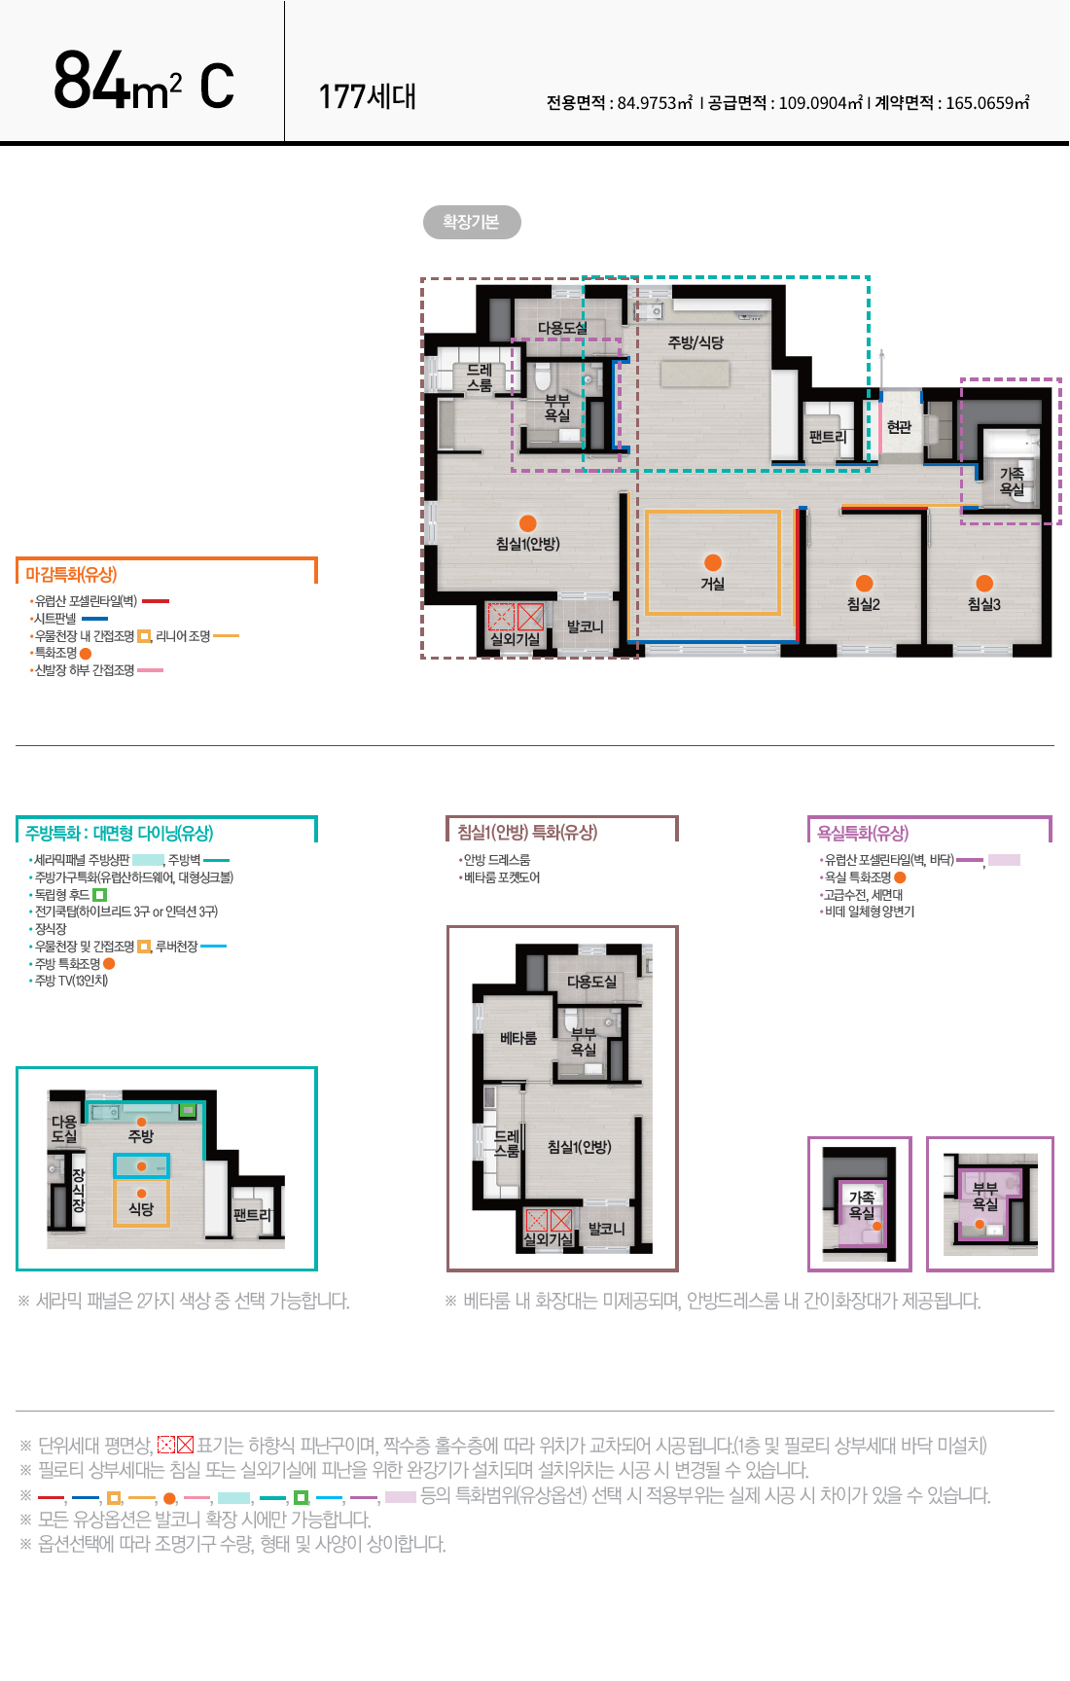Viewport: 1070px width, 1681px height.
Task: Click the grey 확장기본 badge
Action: click(472, 222)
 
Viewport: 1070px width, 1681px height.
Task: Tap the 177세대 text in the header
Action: click(368, 96)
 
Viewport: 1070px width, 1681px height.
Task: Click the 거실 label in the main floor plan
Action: click(713, 584)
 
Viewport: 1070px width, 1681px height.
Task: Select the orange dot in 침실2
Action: click(864, 584)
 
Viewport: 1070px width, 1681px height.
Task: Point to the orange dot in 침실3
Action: click(984, 583)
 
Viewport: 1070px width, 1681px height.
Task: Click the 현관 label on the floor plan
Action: click(900, 426)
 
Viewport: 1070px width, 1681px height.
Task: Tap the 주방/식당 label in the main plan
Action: click(695, 342)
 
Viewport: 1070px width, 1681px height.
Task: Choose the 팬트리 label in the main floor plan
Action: click(828, 438)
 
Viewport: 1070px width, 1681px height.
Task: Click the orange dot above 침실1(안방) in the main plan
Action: click(528, 523)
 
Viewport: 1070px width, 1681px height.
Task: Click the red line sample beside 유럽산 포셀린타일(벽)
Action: click(156, 601)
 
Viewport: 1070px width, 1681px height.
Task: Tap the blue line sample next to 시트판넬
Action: click(94, 619)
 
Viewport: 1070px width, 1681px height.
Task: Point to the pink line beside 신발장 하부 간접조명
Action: click(150, 670)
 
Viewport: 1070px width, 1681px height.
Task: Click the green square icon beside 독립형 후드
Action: click(99, 895)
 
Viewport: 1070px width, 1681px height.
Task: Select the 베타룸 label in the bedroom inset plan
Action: click(518, 1038)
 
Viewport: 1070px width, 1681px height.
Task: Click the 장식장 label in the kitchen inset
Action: click(79, 1191)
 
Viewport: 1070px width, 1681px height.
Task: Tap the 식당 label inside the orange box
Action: click(141, 1209)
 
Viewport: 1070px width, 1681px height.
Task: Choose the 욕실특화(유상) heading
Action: click(863, 833)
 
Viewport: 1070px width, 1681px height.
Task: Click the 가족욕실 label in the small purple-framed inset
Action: click(862, 1205)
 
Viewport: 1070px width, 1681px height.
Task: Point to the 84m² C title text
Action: click(144, 81)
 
